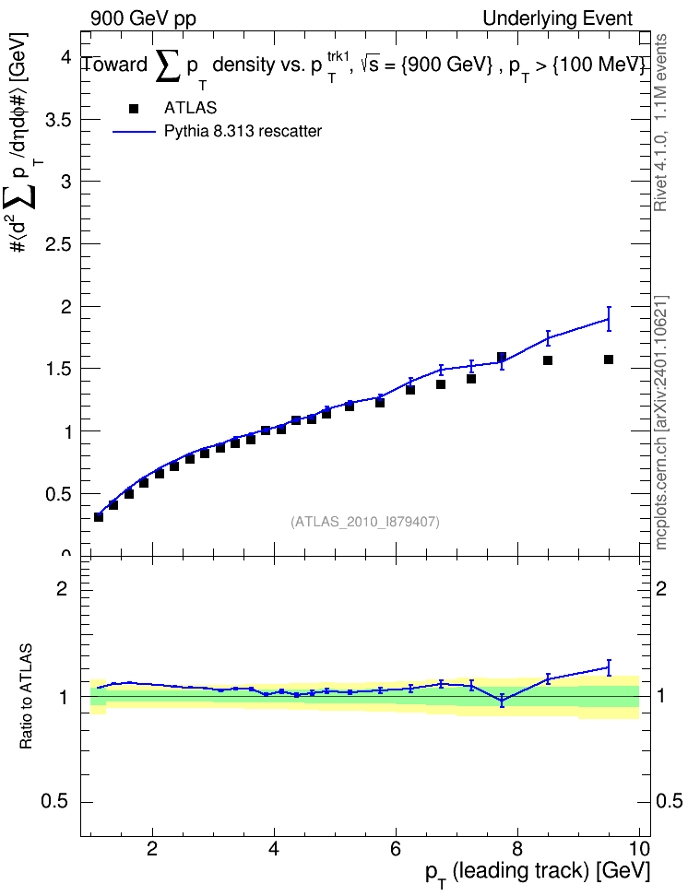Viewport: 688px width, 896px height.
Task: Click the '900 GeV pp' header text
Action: [143, 18]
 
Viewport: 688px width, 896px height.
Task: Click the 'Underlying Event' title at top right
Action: [558, 18]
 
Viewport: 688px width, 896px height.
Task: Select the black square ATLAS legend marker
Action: [134, 108]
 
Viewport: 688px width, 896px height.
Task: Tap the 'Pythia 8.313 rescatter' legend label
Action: [243, 131]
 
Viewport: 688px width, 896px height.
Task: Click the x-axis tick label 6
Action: [396, 849]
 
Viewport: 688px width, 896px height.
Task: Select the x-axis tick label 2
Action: [151, 849]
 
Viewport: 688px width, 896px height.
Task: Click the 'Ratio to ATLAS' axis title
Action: [26, 697]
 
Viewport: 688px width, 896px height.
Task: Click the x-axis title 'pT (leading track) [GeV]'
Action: [538, 874]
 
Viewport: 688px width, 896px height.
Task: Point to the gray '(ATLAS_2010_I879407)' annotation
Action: [365, 522]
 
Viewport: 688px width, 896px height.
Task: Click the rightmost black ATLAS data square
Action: [609, 360]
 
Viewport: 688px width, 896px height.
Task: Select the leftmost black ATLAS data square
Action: [99, 517]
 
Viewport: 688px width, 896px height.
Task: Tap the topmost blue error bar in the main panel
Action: [609, 319]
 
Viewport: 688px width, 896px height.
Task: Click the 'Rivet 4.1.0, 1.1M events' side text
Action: [660, 123]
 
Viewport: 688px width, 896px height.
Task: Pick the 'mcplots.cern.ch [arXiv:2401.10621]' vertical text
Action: [661, 423]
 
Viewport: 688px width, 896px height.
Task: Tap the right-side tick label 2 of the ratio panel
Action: [661, 588]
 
